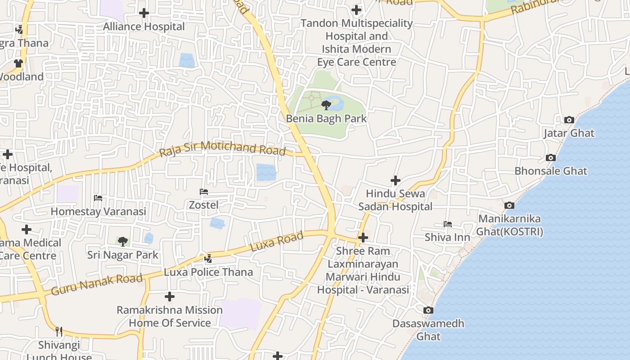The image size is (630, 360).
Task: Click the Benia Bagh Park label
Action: [327, 119]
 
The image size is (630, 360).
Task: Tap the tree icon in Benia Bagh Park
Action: [326, 105]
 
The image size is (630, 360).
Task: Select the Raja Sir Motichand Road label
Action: [223, 148]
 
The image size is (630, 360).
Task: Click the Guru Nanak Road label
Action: [97, 284]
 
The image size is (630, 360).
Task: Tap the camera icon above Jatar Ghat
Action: [569, 120]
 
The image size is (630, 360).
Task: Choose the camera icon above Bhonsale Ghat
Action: [550, 157]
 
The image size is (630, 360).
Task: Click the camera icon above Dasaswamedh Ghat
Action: [428, 310]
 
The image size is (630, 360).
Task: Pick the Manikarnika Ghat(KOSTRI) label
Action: [510, 225]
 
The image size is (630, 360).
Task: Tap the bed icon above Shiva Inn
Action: [447, 224]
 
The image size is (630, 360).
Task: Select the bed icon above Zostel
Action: [204, 192]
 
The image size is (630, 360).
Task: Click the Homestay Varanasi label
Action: [98, 211]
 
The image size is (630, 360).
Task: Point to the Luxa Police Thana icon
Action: [208, 259]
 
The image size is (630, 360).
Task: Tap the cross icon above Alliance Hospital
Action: [144, 13]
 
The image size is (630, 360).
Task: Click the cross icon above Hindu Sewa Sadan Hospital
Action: [396, 180]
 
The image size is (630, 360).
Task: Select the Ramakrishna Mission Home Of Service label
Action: [170, 316]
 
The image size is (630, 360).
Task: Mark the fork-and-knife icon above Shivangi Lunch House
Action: [58, 332]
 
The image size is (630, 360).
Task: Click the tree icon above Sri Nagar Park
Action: [122, 242]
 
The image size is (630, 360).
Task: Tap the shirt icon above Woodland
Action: [18, 63]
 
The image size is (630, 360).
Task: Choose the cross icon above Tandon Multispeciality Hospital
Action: [356, 9]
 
